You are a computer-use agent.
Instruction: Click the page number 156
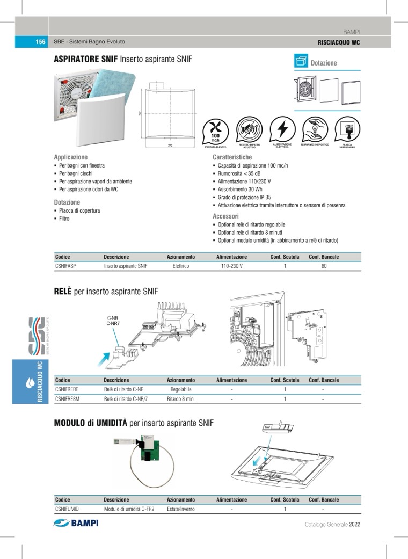[40, 42]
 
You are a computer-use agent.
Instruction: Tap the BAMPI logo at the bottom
[76, 524]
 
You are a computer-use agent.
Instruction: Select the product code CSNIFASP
[65, 266]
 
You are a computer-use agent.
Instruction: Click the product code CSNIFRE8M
[67, 399]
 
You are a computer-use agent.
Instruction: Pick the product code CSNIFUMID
[67, 509]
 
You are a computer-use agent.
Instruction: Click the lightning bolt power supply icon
[282, 129]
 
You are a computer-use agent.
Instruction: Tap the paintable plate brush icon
[347, 129]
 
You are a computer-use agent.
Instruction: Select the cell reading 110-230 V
[231, 266]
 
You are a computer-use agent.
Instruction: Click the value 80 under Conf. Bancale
[324, 266]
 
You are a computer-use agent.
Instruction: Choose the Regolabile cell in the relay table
[180, 389]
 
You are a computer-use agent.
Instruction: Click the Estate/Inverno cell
[181, 509]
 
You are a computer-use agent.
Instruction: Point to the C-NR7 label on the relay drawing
[113, 324]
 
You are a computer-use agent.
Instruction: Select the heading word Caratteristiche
[232, 157]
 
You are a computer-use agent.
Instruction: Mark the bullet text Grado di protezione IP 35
[244, 197]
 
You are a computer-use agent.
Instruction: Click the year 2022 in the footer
[354, 524]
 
